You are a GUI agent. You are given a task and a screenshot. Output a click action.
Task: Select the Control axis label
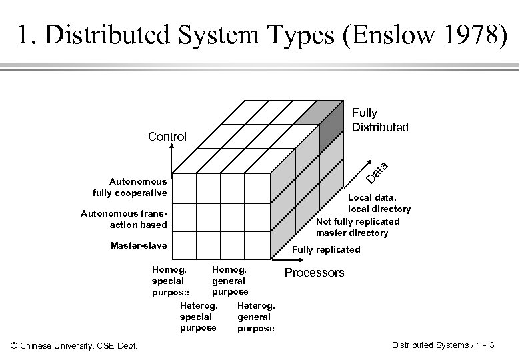coord(167,137)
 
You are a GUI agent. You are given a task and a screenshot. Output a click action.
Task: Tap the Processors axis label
coord(314,272)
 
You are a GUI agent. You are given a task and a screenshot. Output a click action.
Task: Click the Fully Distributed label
coord(380,120)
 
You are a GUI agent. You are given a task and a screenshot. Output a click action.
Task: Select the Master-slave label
coord(139,246)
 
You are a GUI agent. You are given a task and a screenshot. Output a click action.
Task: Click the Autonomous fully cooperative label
coord(129,187)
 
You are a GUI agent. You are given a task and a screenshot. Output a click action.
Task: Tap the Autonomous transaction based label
coord(123,219)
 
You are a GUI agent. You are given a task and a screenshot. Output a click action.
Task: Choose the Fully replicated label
coord(327,249)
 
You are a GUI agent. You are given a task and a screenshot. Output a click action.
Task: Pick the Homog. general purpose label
coord(229,281)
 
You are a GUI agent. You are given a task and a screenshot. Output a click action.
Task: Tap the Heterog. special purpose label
coord(198,317)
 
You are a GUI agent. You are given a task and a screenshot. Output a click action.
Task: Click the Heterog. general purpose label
coord(255,317)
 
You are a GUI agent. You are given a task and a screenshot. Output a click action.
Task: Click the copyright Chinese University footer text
coord(75,345)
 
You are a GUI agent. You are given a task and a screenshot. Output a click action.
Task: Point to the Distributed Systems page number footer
coord(443,345)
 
